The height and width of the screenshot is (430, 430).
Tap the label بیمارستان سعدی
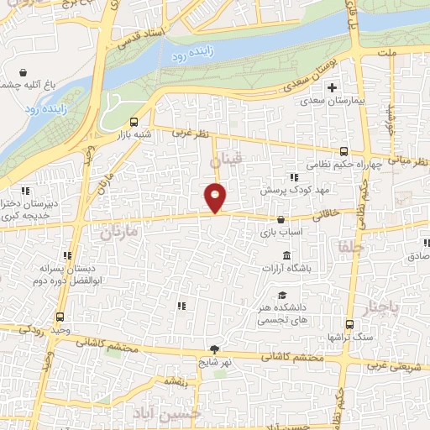(333, 100)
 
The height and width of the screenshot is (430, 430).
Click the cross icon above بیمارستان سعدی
(333, 87)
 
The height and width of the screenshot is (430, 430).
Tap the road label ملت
(387, 53)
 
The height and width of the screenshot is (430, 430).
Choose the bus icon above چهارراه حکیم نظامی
(343, 152)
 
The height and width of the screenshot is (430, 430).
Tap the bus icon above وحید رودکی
(60, 317)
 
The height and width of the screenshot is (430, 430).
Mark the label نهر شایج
(214, 363)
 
